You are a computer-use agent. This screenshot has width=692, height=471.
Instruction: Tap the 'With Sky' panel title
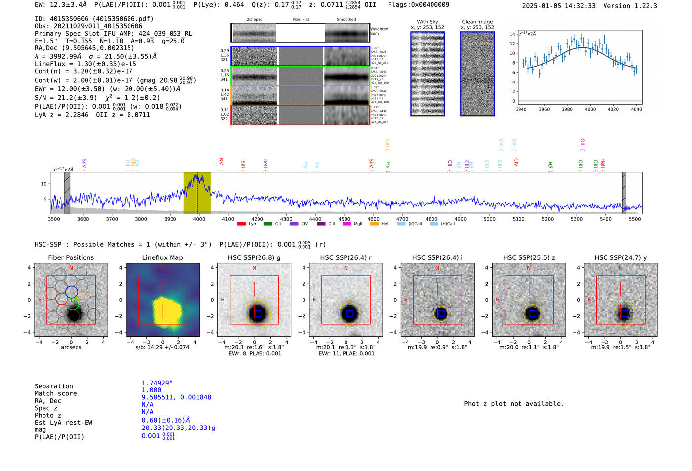[x=428, y=22]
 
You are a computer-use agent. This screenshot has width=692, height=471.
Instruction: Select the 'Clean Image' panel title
[x=477, y=22]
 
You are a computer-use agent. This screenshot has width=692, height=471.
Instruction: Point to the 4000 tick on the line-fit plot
[x=590, y=109]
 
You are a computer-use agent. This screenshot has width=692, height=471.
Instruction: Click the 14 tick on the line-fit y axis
[x=512, y=34]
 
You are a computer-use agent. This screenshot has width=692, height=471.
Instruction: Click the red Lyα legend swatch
[x=241, y=224]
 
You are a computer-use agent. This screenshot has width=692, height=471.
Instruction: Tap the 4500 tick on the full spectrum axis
[x=345, y=219]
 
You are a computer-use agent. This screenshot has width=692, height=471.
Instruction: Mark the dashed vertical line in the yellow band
[x=197, y=193]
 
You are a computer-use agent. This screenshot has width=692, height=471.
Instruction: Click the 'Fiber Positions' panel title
[x=71, y=257]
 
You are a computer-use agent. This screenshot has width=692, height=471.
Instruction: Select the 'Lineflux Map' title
[x=163, y=257]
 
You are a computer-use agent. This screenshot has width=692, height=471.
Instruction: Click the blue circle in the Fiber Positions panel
[x=72, y=292]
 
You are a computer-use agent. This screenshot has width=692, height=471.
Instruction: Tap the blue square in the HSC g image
[x=258, y=313]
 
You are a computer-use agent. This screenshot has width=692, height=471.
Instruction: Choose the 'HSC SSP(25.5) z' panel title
[x=529, y=257]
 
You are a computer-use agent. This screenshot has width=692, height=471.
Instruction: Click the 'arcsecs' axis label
[x=71, y=347]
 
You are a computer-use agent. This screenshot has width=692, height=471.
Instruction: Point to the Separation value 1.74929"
[x=157, y=383]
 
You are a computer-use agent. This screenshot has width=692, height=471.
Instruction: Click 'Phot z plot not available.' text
[x=514, y=404]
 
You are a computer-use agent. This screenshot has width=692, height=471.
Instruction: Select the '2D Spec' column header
[x=254, y=20]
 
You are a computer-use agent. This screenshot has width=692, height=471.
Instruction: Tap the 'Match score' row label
[x=55, y=393]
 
